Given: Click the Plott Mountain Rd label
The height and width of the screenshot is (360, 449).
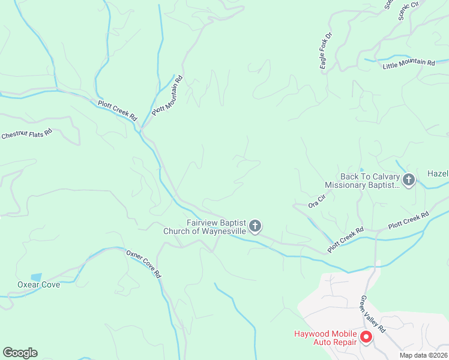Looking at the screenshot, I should coord(167,95).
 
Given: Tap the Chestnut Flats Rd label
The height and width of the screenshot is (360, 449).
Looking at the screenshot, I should coord(26,134).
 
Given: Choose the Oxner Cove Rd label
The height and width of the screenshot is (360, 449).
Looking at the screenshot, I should coord(143,265).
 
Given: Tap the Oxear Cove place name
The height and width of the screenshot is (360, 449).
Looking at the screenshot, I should coord(39,285).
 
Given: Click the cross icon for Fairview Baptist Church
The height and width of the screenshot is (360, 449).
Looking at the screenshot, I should coord(255,226).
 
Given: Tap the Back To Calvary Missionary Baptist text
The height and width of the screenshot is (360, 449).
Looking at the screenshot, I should coord(362,181).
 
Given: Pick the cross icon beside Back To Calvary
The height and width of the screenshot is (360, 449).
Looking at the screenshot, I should coord(409,179).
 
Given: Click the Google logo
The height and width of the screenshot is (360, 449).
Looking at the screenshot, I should coord(20,353).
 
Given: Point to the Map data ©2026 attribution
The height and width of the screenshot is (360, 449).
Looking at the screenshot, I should coord(424,355).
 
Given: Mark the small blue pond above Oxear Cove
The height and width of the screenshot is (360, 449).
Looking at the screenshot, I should coord(36,277).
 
